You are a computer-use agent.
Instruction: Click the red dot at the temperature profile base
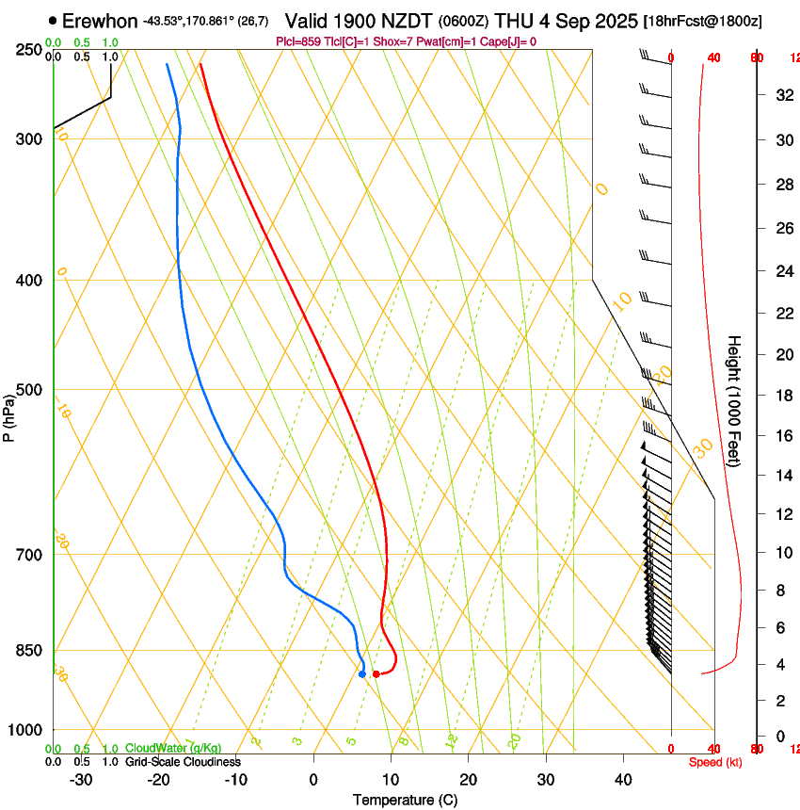[x=376, y=673]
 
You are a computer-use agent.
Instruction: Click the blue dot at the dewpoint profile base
[x=362, y=673]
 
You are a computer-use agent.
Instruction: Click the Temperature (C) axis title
[x=405, y=800]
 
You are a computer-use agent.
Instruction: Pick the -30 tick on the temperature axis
[x=81, y=780]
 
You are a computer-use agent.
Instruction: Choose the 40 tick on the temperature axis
[x=623, y=780]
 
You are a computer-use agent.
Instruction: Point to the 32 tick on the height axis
[x=783, y=95]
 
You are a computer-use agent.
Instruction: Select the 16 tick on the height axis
[x=783, y=436]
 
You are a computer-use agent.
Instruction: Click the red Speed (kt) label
[x=714, y=762]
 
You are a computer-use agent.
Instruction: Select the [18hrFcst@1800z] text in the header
[x=701, y=21]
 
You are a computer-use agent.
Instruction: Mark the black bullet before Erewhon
[x=52, y=21]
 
